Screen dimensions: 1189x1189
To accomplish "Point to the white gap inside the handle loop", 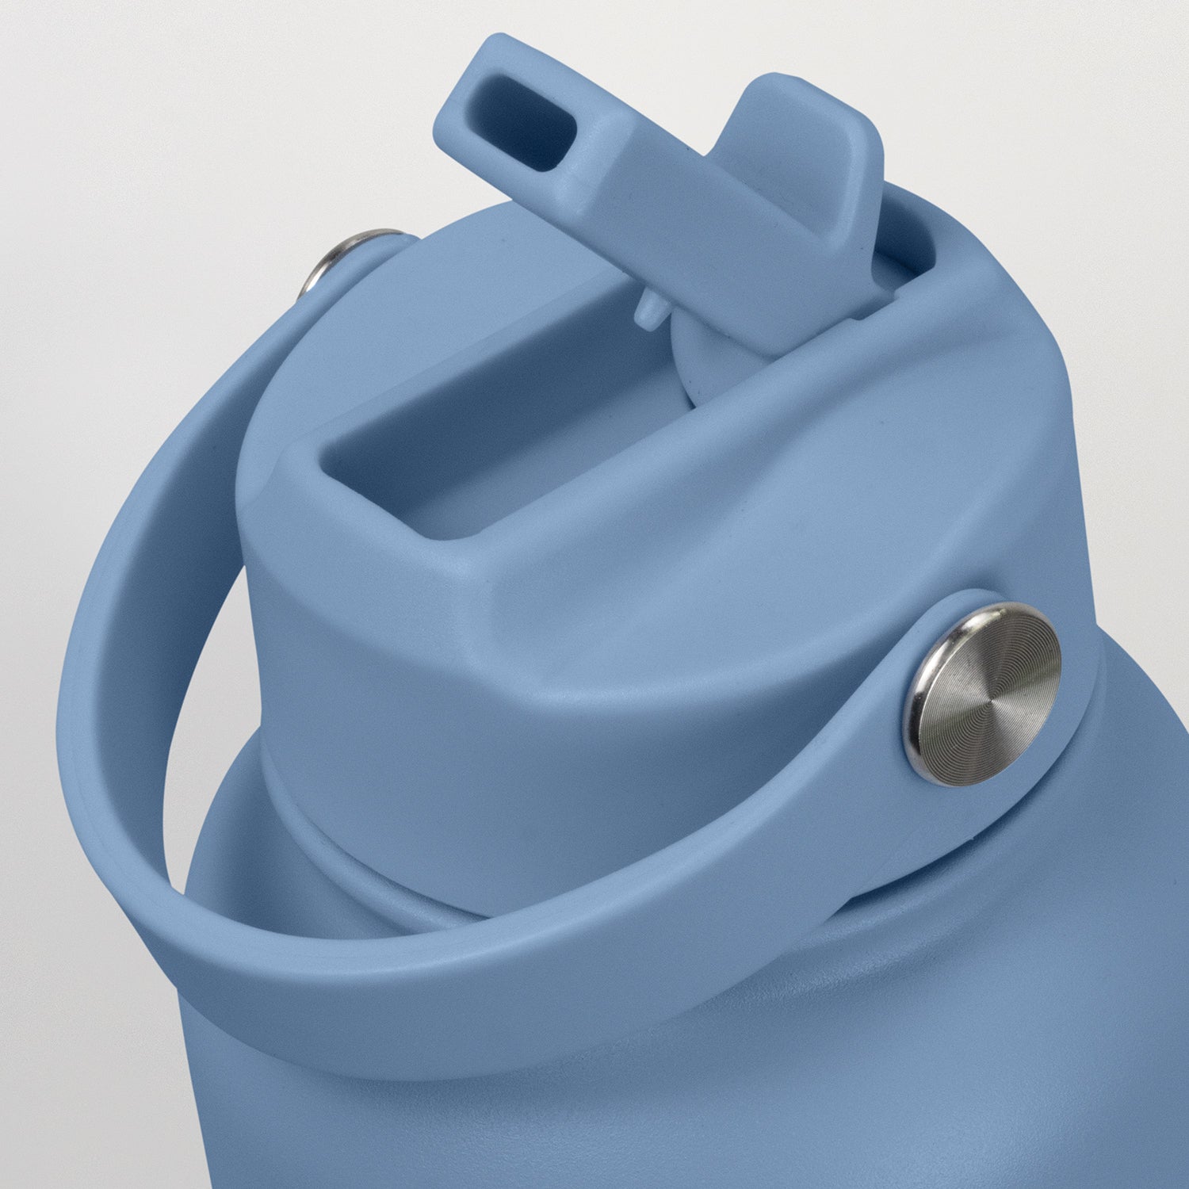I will pos(206,713).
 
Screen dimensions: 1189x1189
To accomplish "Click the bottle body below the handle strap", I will pos(634,1110).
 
